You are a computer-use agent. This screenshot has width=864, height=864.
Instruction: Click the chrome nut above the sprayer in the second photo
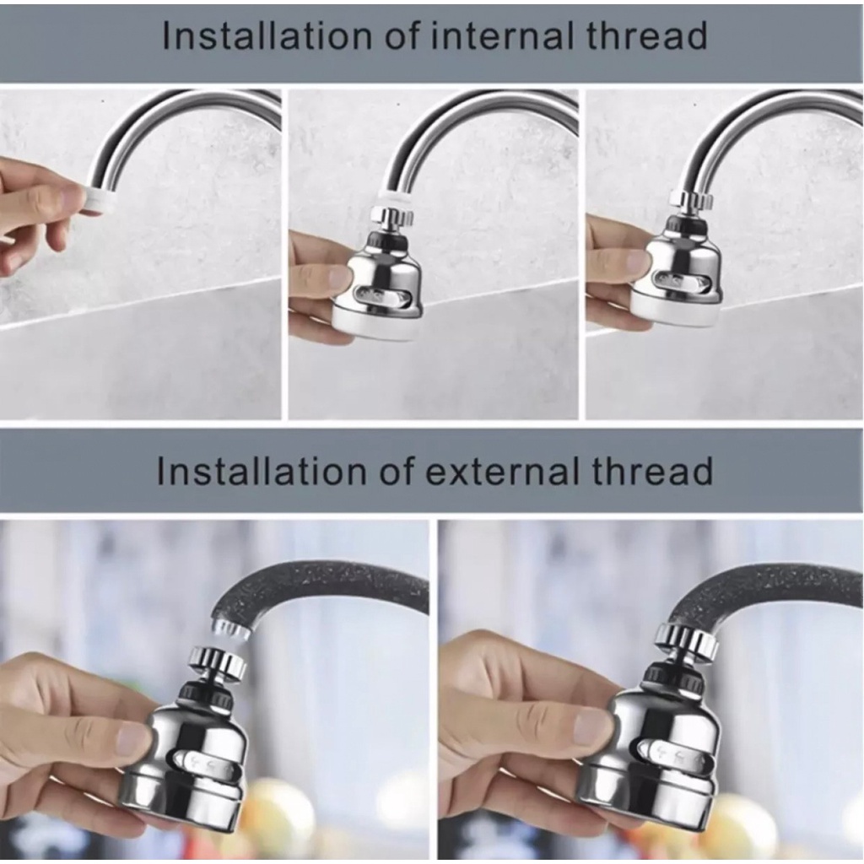click(x=391, y=218)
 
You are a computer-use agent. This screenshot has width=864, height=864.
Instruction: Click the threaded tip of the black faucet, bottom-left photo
click(x=229, y=627)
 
